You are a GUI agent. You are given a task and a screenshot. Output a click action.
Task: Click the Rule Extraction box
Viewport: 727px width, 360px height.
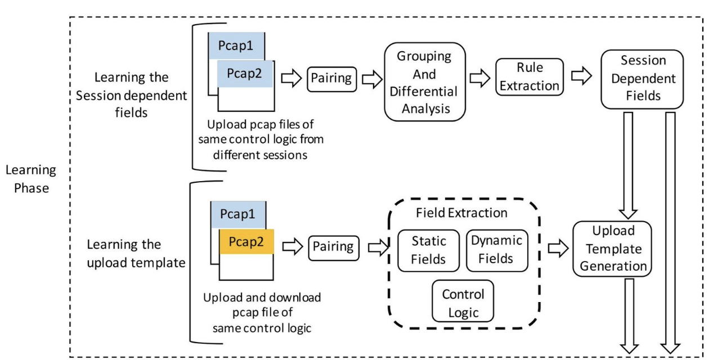pyautogui.click(x=529, y=77)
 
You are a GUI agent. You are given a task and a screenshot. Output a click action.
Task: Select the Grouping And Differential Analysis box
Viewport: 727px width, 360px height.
pyautogui.click(x=425, y=82)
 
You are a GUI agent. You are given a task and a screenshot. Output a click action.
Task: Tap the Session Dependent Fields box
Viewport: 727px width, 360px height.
pyautogui.click(x=642, y=79)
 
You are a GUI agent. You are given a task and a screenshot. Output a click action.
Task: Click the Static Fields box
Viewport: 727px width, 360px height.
pyautogui.click(x=428, y=250)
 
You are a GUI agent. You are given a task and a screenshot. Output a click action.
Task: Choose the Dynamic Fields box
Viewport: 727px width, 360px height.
pyautogui.click(x=497, y=250)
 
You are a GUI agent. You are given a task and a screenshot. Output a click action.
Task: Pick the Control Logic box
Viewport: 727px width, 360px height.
pyautogui.click(x=463, y=301)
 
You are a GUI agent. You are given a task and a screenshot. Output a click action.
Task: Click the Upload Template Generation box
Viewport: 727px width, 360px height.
pyautogui.click(x=612, y=249)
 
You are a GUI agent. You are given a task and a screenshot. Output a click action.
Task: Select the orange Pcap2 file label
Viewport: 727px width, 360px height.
pyautogui.click(x=246, y=242)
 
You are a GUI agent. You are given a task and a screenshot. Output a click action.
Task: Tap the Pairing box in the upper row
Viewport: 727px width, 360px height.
pyautogui.click(x=331, y=79)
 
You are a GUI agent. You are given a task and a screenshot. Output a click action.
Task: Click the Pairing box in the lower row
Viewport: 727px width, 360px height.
pyautogui.click(x=334, y=248)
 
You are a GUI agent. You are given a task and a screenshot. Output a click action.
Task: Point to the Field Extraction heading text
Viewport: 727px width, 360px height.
pyautogui.click(x=461, y=213)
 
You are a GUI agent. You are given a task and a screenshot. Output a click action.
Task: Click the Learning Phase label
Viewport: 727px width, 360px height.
pyautogui.click(x=31, y=179)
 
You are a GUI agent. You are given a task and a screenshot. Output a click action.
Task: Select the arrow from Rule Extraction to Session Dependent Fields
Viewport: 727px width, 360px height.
pyautogui.click(x=581, y=76)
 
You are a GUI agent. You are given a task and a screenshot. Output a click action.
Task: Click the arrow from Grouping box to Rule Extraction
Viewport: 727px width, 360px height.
pyautogui.click(x=479, y=78)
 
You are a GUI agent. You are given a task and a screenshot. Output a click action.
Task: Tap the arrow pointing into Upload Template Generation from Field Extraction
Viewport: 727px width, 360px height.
pyautogui.click(x=558, y=249)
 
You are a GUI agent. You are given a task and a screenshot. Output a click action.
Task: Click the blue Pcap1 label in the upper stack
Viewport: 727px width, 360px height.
pyautogui.click(x=236, y=46)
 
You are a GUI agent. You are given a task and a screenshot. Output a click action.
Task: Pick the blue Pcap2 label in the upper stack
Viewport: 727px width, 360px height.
pyautogui.click(x=245, y=74)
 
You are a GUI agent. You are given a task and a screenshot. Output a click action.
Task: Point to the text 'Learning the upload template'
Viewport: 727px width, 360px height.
pyautogui.click(x=136, y=253)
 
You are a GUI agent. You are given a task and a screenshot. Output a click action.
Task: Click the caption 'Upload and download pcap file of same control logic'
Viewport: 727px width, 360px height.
pyautogui.click(x=262, y=313)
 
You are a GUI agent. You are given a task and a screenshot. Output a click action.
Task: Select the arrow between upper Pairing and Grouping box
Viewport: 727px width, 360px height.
pyautogui.click(x=373, y=79)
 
